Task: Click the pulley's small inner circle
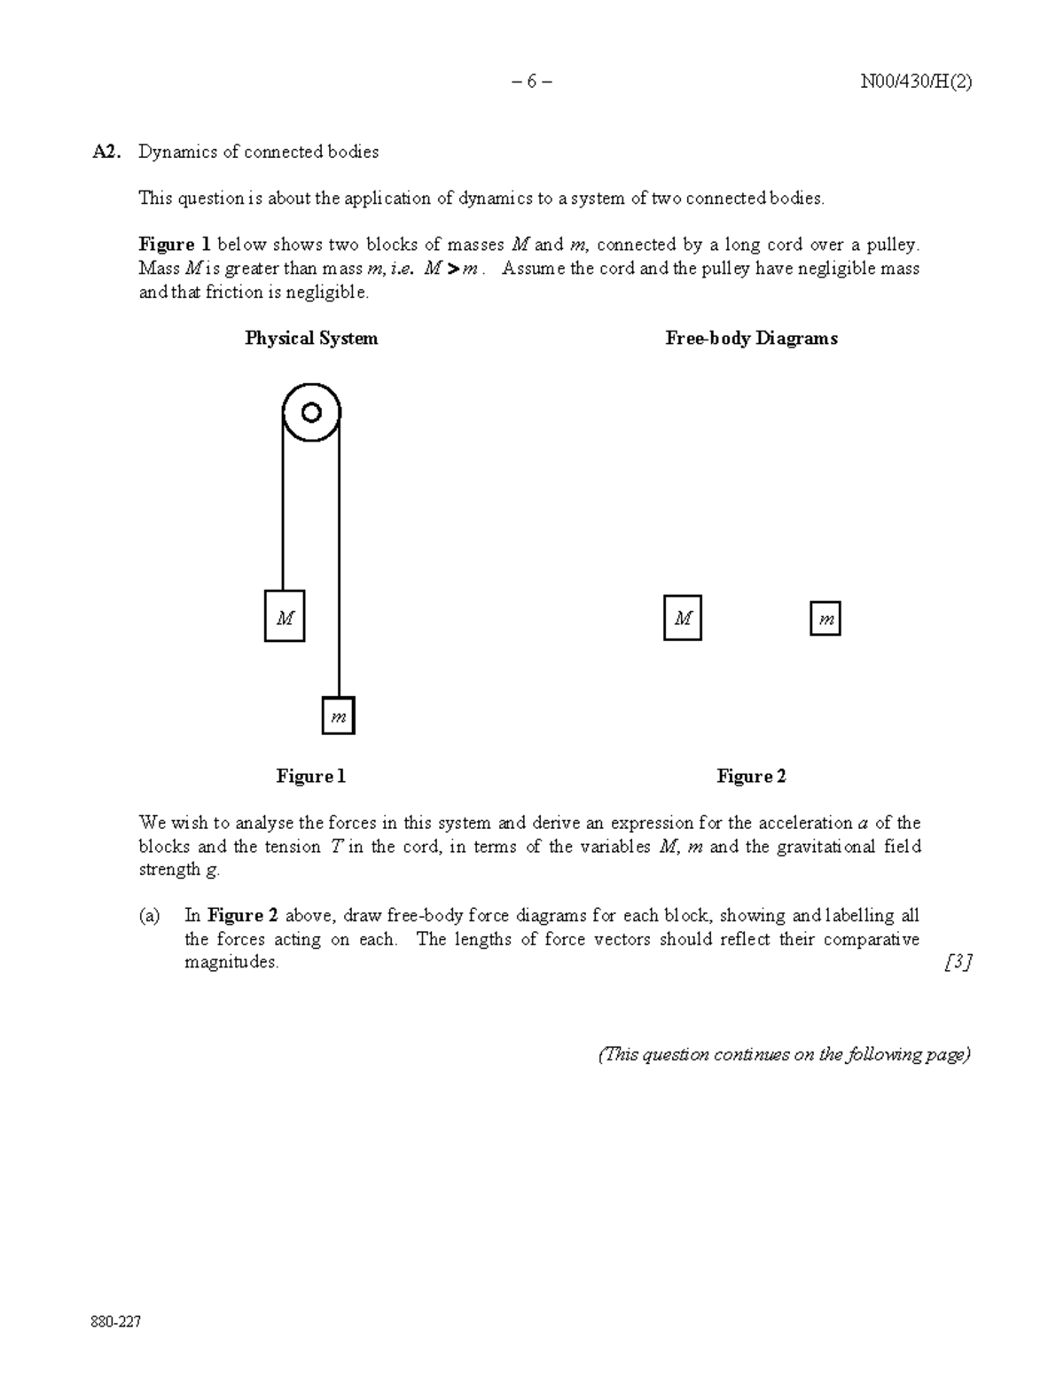pos(311,412)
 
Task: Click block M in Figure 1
pos(285,616)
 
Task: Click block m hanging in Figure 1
pos(338,716)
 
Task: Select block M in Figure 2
pos(683,618)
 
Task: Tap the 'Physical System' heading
pos(311,338)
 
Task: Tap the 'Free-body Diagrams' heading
pos(751,338)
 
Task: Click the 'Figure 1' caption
pos(310,776)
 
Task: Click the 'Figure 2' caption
pos(751,776)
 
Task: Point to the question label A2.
pos(105,152)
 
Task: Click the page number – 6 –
pos(531,82)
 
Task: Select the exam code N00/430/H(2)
pos(917,82)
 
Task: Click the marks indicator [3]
pos(958,962)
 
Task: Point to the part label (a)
pos(149,915)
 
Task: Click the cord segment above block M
pos(283,514)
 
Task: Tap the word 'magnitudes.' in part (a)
pos(231,962)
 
